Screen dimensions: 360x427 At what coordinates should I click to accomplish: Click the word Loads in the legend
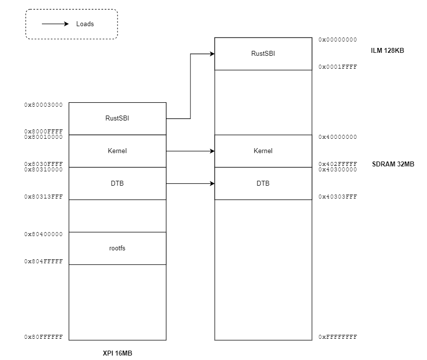(x=85, y=24)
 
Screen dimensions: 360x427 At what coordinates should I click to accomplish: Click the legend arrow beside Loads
(x=55, y=24)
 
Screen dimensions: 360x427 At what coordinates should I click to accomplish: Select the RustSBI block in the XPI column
(x=117, y=118)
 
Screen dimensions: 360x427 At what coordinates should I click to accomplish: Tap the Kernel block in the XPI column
(x=117, y=151)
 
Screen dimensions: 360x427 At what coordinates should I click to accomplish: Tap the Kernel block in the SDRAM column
(x=263, y=151)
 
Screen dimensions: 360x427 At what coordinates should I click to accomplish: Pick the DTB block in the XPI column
(x=117, y=183)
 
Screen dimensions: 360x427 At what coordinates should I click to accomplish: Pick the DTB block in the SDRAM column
(x=263, y=183)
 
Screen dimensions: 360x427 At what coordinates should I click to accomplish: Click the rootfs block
(x=117, y=248)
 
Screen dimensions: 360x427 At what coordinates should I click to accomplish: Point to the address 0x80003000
(x=43, y=105)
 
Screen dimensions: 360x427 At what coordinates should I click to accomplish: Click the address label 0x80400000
(x=43, y=234)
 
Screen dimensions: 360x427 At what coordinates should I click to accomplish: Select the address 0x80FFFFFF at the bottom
(x=43, y=337)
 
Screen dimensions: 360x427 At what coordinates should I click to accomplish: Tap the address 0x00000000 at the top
(x=337, y=40)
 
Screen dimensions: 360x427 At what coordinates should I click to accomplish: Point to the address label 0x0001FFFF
(x=337, y=67)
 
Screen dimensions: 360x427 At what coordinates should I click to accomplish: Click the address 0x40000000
(x=337, y=137)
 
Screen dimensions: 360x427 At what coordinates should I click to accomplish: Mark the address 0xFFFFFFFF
(x=337, y=337)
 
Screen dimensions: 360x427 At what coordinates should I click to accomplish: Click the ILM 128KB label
(x=388, y=50)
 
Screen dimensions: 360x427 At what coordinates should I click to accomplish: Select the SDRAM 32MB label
(x=393, y=164)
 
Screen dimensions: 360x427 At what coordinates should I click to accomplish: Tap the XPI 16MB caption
(x=117, y=354)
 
